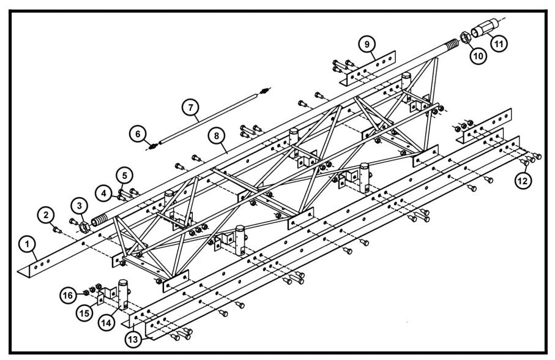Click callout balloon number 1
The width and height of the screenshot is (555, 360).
coord(27,244)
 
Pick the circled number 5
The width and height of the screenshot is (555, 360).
coord(124,174)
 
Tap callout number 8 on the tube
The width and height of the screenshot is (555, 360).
coord(217,137)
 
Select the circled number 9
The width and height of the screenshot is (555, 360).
coord(365,44)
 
